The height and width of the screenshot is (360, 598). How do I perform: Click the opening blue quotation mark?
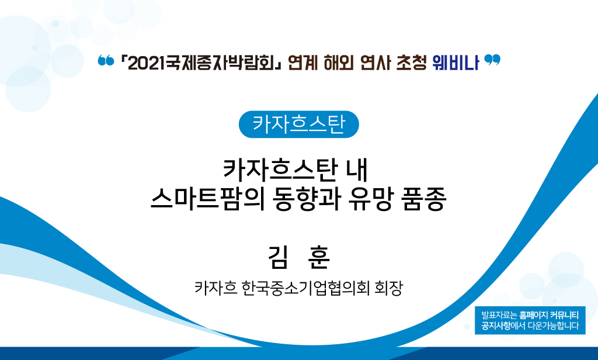point(106,60)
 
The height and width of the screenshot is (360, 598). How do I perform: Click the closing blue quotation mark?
point(492,60)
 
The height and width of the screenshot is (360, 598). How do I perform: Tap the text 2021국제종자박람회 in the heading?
point(201,63)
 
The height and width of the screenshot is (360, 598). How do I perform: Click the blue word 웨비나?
point(456,63)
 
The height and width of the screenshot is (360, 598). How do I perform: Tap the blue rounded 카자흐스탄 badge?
point(298,124)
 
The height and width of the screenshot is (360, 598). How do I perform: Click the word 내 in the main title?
point(357,170)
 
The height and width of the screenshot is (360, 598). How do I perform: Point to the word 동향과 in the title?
point(306,199)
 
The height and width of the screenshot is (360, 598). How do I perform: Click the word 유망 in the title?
point(370,199)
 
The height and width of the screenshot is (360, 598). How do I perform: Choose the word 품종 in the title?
point(424,199)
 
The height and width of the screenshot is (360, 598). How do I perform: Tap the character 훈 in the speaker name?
point(318,257)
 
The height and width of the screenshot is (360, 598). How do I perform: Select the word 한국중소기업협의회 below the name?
point(305,288)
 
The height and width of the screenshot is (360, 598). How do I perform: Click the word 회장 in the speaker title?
point(388,288)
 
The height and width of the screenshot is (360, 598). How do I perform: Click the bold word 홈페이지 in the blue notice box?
point(534,316)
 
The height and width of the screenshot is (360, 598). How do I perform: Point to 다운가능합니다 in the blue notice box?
point(554,326)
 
